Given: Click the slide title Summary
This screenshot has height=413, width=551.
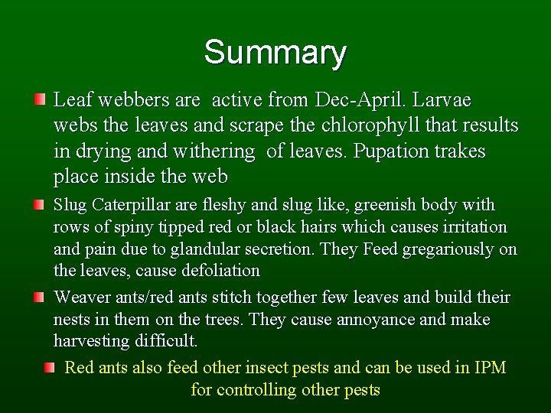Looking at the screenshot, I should click(275, 53).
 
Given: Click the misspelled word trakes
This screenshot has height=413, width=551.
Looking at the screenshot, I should click(461, 151).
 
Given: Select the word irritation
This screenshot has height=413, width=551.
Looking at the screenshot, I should click(473, 227).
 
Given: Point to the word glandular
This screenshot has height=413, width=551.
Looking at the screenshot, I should click(202, 249).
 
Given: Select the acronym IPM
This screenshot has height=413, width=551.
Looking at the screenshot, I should click(490, 368).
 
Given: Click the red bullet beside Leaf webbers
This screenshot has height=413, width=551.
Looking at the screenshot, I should click(40, 99).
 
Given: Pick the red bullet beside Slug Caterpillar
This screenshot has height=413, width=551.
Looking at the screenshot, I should click(40, 205).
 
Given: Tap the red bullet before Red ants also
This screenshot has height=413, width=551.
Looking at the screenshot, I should click(50, 368).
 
